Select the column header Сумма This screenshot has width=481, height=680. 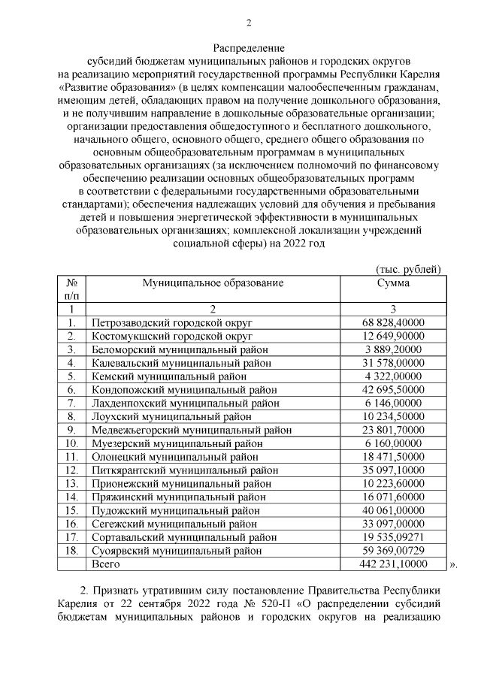tap(393, 283)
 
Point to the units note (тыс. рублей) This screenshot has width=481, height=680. tap(407, 269)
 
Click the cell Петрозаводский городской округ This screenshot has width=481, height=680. tap(173, 322)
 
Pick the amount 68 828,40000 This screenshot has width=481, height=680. tap(393, 322)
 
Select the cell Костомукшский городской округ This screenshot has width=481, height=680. tap(171, 336)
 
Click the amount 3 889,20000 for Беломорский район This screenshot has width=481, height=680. tap(393, 349)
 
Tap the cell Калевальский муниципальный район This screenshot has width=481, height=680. tap(181, 363)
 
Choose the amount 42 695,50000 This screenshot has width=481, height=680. tap(393, 390)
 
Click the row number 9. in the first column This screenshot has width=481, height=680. tap(71, 431)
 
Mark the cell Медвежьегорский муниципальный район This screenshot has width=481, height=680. tap(192, 431)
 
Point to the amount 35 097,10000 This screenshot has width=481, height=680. tap(393, 470)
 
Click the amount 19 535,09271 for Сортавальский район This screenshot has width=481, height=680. tap(393, 538)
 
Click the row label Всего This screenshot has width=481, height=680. tap(104, 564)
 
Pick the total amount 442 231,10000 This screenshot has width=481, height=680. tap(393, 564)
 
